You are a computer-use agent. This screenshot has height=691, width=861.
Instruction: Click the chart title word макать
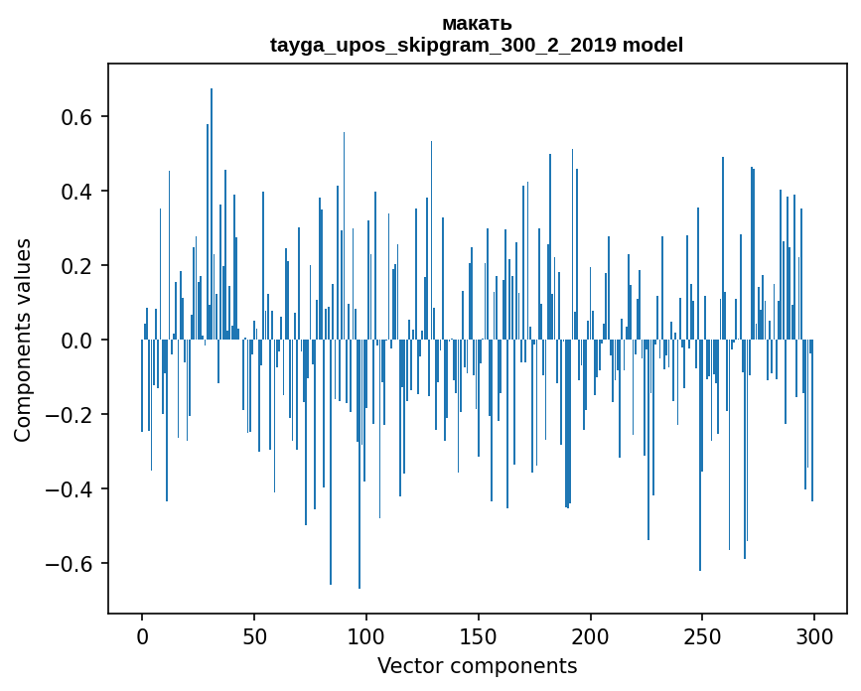click(x=477, y=23)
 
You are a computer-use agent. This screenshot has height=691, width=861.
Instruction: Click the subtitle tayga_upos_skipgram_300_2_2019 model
click(x=477, y=45)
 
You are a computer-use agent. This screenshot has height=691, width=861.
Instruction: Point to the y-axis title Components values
click(x=23, y=340)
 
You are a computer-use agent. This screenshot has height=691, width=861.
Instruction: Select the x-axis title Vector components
click(x=477, y=665)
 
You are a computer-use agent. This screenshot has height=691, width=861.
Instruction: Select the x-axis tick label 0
click(x=142, y=635)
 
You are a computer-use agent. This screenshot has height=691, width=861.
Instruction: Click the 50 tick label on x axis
click(x=254, y=635)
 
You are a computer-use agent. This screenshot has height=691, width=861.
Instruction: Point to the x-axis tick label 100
click(x=366, y=635)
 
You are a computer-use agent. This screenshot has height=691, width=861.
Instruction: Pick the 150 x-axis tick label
click(x=479, y=635)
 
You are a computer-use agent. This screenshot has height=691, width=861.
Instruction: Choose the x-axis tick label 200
click(x=591, y=635)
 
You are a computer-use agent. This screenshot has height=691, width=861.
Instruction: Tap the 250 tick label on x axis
click(x=703, y=635)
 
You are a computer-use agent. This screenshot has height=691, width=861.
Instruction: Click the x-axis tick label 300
click(x=814, y=635)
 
